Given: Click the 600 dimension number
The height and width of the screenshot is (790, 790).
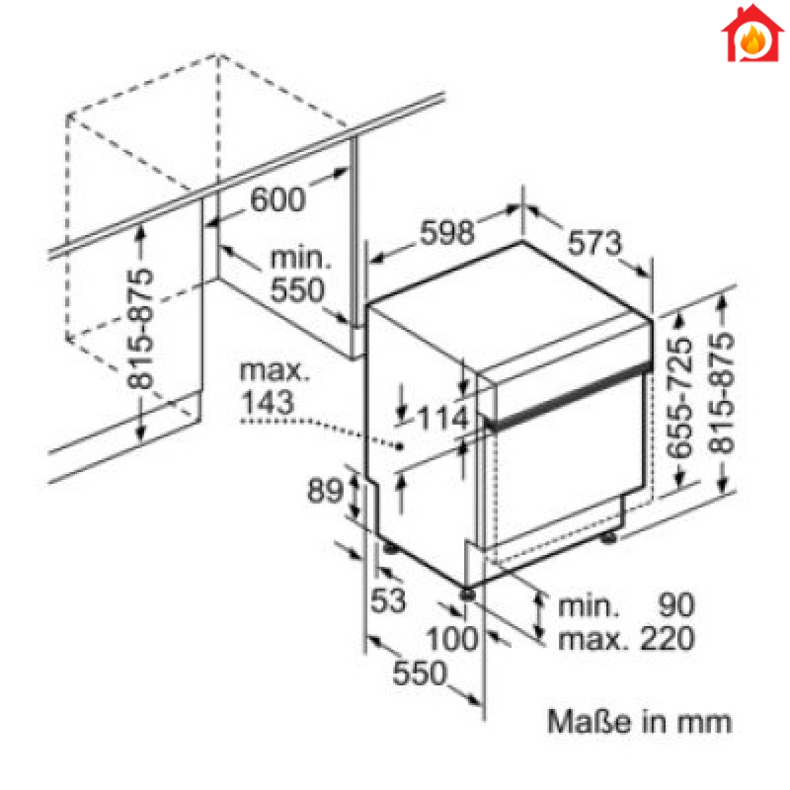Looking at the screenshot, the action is click(278, 199).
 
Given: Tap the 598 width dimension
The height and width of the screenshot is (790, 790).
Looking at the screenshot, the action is click(447, 232).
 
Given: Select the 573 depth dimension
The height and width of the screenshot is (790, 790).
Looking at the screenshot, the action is click(595, 243).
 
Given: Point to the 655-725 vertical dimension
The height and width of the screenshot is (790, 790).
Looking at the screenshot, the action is click(679, 397).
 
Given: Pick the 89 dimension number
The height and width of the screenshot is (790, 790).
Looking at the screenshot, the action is click(325, 490).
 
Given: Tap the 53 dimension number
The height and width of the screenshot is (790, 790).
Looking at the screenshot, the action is click(388, 600).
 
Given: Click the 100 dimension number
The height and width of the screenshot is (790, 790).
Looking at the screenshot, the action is click(452, 639).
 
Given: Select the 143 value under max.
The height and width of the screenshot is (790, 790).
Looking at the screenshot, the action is click(268, 402).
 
